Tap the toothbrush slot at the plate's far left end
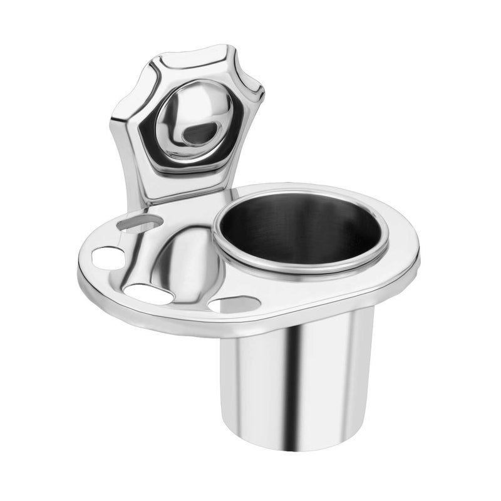[x=108, y=257]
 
